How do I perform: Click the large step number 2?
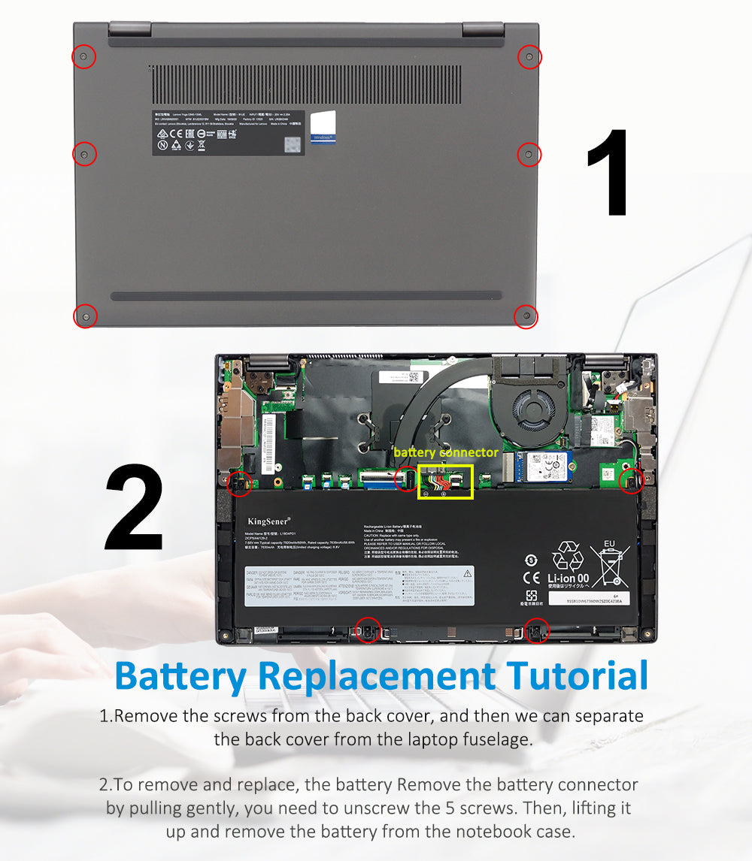[134, 509]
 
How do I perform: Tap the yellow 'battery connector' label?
[445, 452]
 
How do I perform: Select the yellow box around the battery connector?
[444, 482]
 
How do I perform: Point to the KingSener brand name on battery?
[268, 520]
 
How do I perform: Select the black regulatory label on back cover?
[228, 133]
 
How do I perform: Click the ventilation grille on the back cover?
[307, 84]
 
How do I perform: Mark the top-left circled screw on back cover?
[83, 56]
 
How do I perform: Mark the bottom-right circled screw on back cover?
[526, 316]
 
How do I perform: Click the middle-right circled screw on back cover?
[529, 154]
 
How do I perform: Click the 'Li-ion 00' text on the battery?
[569, 579]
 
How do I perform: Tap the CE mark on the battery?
[531, 578]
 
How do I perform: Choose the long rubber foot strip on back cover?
[306, 296]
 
